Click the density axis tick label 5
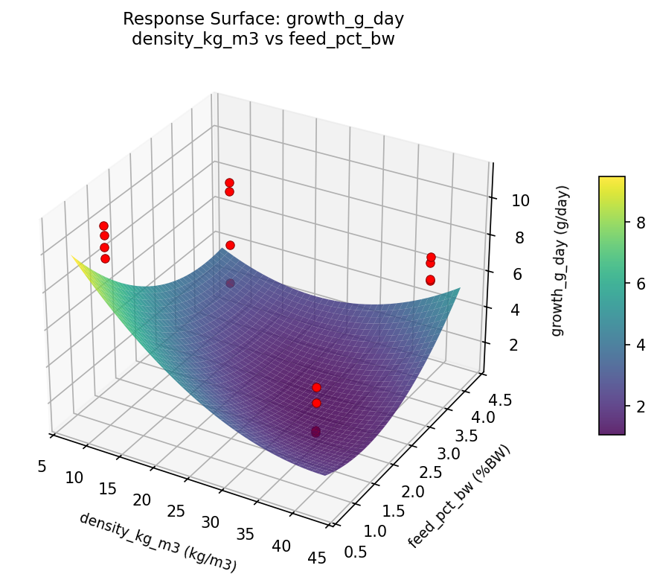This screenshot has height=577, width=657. pyautogui.click(x=42, y=467)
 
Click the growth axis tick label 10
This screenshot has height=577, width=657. pyautogui.click(x=500, y=200)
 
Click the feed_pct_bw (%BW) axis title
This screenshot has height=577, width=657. pyautogui.click(x=461, y=498)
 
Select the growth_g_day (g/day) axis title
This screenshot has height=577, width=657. pyautogui.click(x=557, y=260)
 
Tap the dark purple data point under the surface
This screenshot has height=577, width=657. pyautogui.click(x=315, y=432)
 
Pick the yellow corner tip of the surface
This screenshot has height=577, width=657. pyautogui.click(x=74, y=257)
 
